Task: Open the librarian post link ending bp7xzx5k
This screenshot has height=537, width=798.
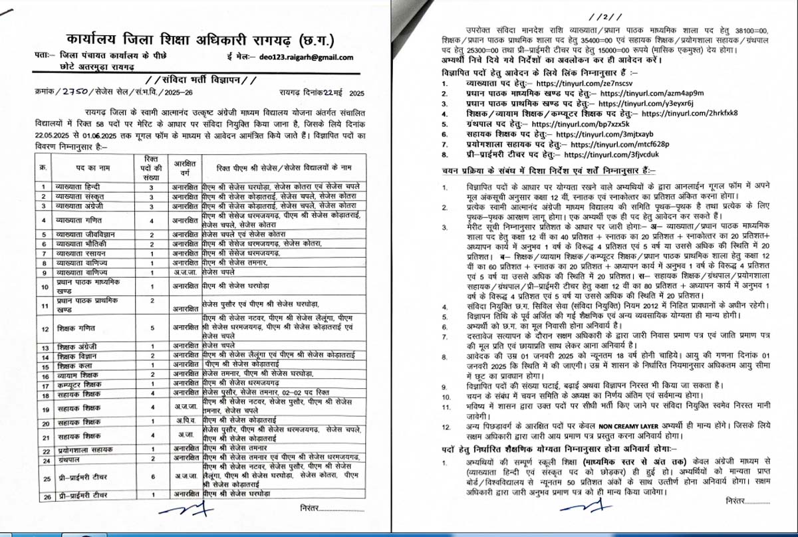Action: pos(571,124)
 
